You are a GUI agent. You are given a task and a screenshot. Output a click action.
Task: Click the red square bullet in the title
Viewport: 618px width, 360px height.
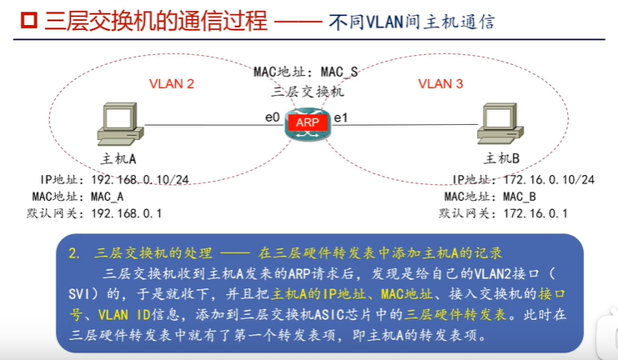pos(13,21)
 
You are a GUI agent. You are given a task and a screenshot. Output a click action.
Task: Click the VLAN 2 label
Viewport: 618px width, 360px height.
pos(171,83)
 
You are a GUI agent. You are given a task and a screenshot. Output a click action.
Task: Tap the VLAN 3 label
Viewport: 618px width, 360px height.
pos(440,83)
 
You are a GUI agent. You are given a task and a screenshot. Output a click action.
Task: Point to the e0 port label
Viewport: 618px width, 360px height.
pos(272,117)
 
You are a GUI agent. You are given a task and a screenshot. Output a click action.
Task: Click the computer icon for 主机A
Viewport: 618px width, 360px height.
pos(118,125)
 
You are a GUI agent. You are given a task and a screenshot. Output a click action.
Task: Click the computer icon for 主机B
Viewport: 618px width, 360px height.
pos(500,125)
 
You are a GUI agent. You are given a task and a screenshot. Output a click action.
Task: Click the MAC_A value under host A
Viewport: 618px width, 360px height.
pos(106,197)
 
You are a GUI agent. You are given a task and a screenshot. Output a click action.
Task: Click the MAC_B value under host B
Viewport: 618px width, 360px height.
pos(520,197)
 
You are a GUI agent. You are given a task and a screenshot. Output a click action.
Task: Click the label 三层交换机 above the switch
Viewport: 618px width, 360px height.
pos(308,91)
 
